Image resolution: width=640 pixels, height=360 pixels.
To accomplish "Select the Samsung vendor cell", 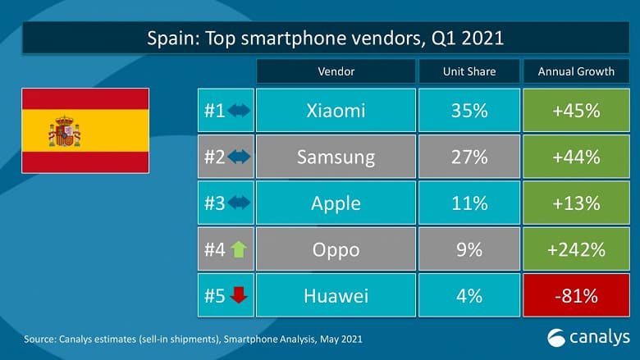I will (x=335, y=157).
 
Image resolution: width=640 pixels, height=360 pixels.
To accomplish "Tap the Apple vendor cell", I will (x=335, y=202).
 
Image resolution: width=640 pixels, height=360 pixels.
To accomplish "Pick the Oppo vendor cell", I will (x=335, y=248).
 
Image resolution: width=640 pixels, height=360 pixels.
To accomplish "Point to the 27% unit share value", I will (x=469, y=157).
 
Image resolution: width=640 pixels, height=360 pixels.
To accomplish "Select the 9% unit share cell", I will (x=469, y=248).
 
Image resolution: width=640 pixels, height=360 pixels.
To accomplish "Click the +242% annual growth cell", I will (x=575, y=248).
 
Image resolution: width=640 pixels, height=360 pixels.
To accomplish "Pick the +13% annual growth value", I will (x=575, y=202).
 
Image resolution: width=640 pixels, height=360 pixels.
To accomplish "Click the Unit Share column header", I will (x=469, y=71).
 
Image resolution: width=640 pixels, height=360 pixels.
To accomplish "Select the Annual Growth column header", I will (x=575, y=71).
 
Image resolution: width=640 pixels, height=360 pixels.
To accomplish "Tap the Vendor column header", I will (x=335, y=71).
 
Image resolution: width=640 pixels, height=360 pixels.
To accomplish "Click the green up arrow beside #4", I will (x=239, y=248).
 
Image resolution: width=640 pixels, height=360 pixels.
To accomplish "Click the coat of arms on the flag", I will (x=64, y=131).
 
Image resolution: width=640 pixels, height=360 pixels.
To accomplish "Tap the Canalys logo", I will (x=588, y=336).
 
